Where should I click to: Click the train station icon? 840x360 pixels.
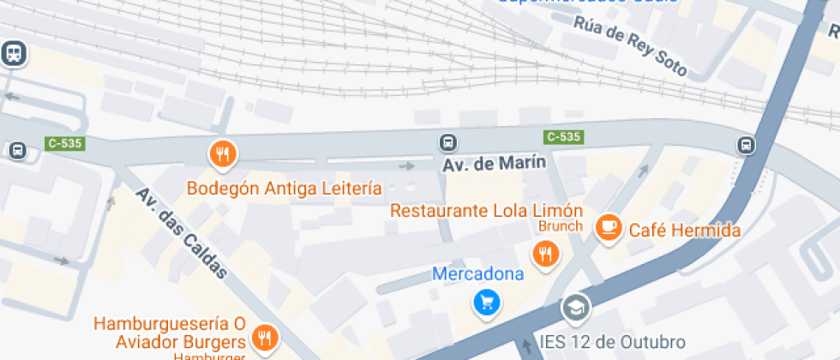[x=15, y=54]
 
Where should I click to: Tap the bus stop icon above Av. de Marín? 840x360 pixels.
[x=447, y=142]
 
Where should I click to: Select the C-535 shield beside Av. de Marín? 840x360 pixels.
[x=563, y=136]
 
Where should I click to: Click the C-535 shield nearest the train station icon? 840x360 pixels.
[x=64, y=143]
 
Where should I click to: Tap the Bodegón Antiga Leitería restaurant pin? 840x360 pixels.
[x=223, y=154]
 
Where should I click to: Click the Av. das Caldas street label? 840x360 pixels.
[x=182, y=233]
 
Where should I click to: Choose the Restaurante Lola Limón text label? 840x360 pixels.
[x=486, y=210]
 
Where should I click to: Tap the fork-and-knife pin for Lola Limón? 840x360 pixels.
[x=545, y=253]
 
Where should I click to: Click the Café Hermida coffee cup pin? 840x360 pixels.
[x=609, y=227]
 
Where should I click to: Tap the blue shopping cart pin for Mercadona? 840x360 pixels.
[x=487, y=302]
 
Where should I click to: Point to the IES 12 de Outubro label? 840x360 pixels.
[x=613, y=342]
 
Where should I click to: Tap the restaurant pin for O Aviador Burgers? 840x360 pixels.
[x=265, y=337]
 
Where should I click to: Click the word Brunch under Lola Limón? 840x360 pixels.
[x=561, y=226]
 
